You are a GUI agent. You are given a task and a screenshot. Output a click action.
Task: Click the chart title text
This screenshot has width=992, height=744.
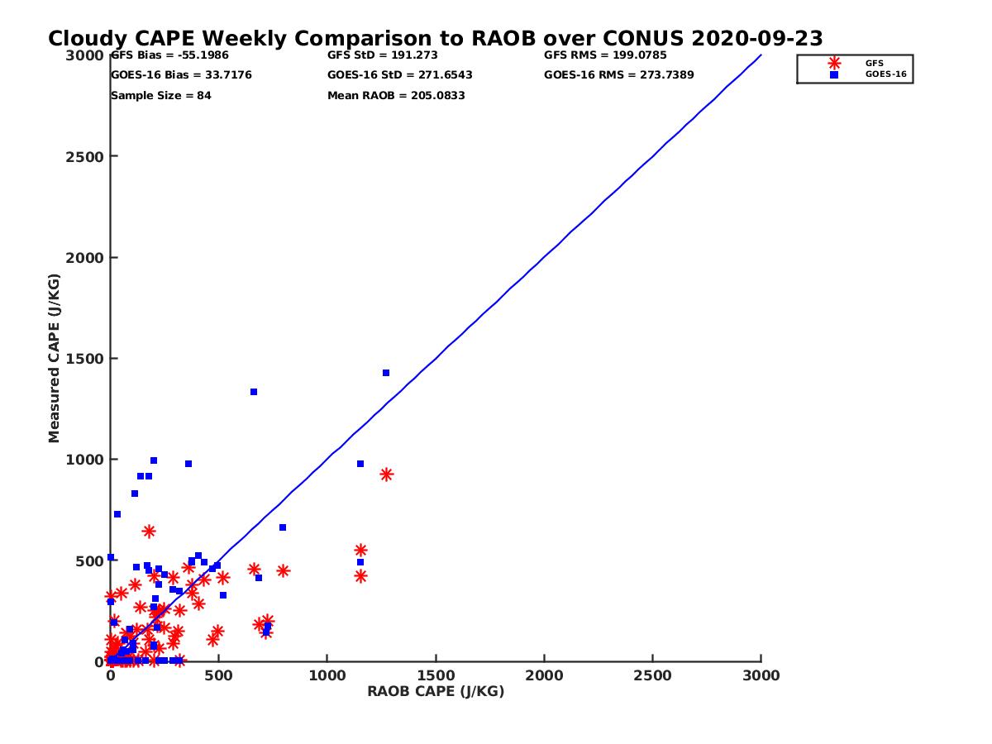[435, 39]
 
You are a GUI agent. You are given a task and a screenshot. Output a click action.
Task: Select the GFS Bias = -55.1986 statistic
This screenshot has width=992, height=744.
[169, 55]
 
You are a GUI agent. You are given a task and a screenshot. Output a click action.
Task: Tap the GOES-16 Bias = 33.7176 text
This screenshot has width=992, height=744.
[181, 75]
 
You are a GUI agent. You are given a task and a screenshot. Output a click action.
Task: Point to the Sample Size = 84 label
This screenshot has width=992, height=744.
[161, 96]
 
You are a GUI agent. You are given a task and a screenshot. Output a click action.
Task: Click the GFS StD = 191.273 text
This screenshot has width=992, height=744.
[382, 55]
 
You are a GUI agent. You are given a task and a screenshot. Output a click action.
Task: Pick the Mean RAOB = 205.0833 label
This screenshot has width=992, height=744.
[396, 96]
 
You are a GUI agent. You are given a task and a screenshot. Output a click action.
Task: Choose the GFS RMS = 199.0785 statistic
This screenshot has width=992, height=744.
[605, 55]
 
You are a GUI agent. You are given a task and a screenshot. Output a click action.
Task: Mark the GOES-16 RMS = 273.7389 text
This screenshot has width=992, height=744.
[618, 75]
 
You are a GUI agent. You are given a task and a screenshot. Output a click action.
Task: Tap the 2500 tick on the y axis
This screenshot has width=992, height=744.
[84, 156]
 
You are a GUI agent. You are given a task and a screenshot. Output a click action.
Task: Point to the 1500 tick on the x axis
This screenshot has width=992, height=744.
[436, 676]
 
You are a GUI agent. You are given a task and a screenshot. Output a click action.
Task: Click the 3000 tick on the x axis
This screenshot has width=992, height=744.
[761, 676]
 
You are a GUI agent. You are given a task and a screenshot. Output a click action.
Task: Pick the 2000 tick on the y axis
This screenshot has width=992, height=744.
[84, 258]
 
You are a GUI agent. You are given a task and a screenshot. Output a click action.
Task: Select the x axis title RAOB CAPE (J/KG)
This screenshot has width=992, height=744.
[436, 692]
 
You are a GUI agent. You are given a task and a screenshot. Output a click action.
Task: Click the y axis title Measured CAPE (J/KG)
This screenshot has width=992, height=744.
[55, 358]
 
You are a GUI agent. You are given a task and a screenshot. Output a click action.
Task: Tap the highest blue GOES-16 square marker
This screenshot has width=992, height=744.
[386, 373]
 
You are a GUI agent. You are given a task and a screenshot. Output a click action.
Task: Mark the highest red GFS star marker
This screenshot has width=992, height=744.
[386, 475]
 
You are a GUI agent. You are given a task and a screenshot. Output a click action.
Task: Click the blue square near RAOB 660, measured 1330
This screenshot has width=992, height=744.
[254, 392]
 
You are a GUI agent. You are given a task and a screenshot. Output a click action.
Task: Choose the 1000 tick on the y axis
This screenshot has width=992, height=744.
[84, 460]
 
